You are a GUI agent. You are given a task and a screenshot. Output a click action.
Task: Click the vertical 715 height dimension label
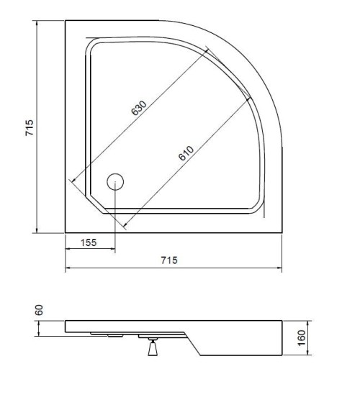[x=30, y=127]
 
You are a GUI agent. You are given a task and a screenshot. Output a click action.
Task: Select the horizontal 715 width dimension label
[x=169, y=260]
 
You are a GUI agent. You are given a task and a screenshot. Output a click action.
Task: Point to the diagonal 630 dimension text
[x=139, y=108]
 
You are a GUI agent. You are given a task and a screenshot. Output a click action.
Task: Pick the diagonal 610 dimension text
[x=186, y=153]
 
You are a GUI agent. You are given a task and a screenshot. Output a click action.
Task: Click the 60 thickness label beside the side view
[x=40, y=309]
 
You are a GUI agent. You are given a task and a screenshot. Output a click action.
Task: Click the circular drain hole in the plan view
[x=114, y=181]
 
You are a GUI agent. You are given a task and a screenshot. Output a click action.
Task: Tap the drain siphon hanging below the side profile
[x=152, y=348]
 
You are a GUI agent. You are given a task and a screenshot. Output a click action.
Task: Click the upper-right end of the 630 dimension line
[x=206, y=49]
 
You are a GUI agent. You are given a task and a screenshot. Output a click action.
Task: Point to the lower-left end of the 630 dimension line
[x=71, y=181]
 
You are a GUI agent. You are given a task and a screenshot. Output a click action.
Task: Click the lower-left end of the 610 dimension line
[x=123, y=228]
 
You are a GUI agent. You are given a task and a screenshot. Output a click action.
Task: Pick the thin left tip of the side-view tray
[x=66, y=326]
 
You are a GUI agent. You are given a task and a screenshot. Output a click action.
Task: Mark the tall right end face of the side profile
[x=282, y=338]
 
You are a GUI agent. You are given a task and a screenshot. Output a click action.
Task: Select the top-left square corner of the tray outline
[x=66, y=21]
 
